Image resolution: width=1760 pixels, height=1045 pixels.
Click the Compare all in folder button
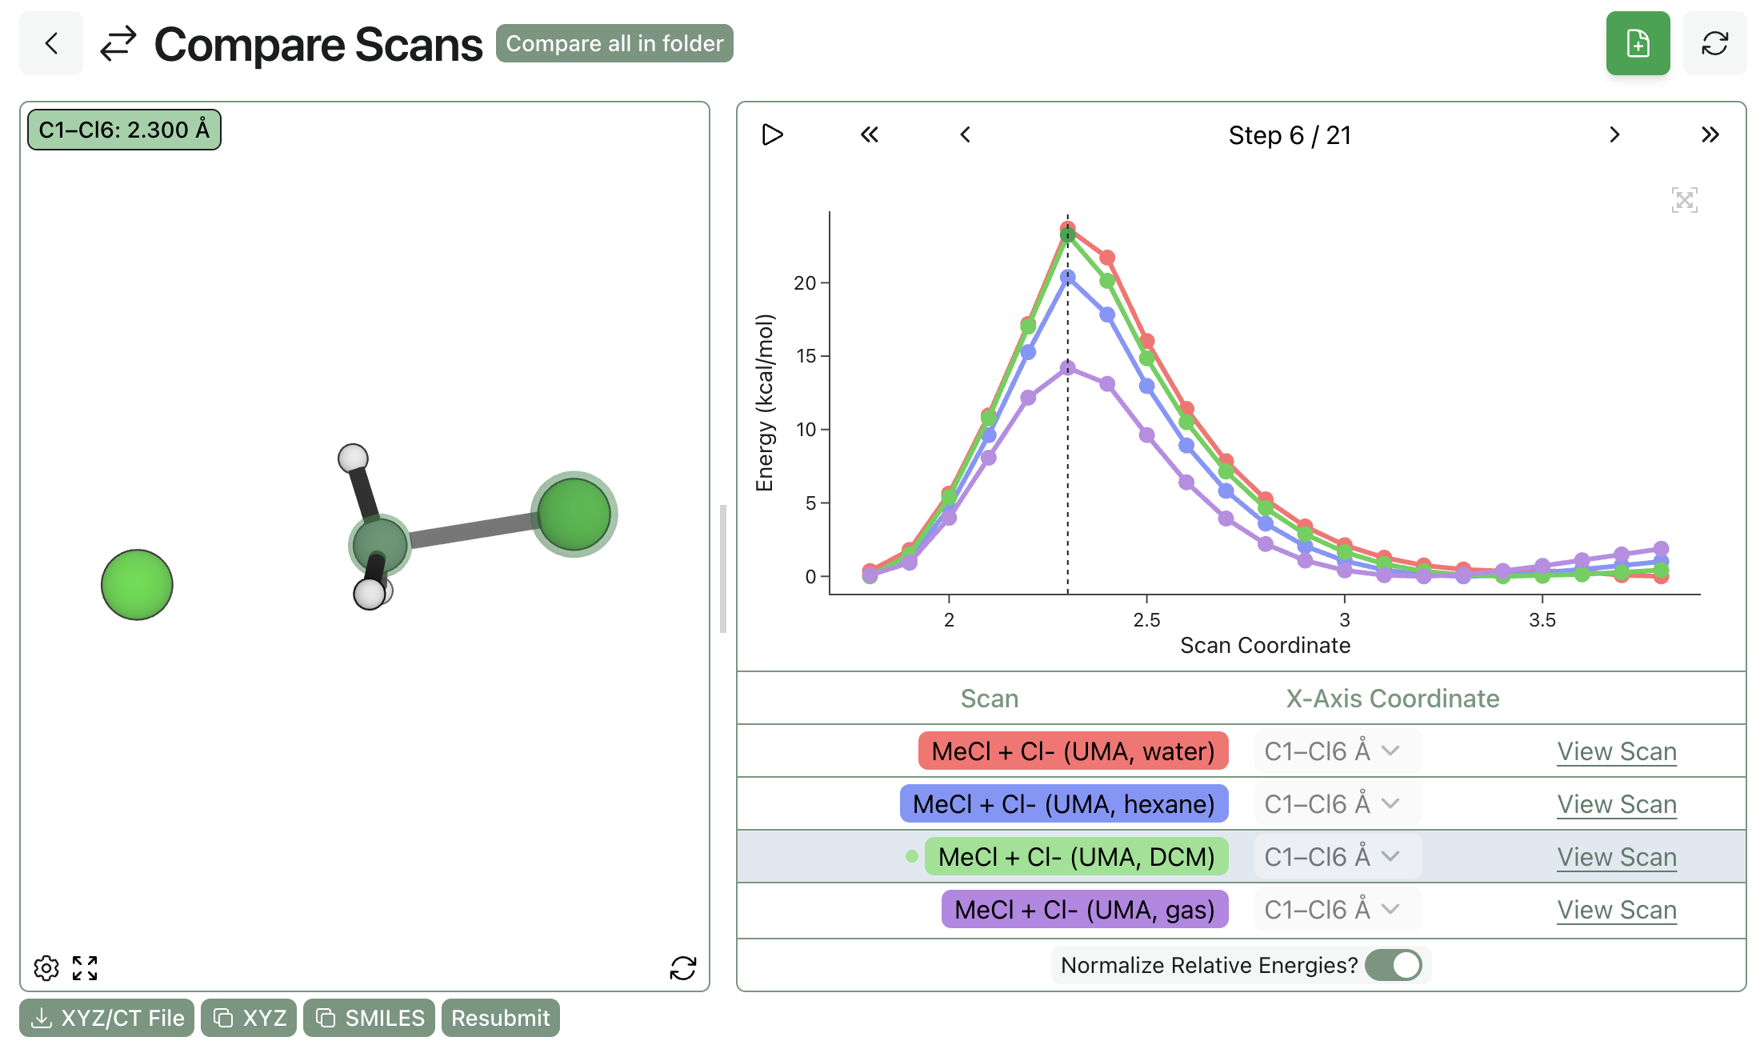pos(614,43)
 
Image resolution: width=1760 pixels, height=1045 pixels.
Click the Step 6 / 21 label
pos(1289,135)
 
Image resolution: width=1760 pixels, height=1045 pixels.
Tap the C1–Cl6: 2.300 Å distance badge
pos(124,130)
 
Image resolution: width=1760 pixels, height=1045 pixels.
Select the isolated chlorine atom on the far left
pos(137,585)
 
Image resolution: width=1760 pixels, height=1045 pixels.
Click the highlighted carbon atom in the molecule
pos(380,544)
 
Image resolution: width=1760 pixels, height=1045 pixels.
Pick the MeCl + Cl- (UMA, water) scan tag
pos(1073,751)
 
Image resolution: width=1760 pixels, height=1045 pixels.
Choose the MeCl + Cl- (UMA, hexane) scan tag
pos(1063,804)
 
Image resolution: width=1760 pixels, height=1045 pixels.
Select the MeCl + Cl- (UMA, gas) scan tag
pos(1084,910)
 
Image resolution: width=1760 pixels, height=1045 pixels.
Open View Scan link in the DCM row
pos(1616,857)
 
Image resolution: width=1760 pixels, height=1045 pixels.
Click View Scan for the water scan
pos(1616,751)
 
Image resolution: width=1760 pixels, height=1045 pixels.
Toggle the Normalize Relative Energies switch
pos(1394,965)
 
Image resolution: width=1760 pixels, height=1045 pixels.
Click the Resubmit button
pos(500,1018)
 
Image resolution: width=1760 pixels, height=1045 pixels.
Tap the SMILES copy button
pos(369,1018)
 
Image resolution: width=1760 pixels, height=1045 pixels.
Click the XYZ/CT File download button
pos(107,1018)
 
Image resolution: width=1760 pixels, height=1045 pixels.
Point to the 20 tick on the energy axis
pos(805,282)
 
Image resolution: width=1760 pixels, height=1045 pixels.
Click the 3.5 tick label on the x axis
pos(1542,620)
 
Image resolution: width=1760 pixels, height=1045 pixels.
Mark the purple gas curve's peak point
pos(1067,368)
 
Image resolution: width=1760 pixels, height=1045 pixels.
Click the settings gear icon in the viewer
pos(46,968)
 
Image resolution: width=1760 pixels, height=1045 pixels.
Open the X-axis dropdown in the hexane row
pos(1336,804)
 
